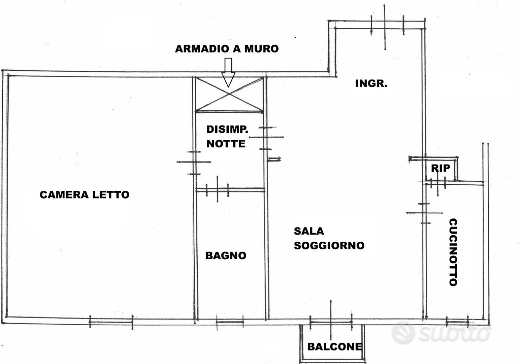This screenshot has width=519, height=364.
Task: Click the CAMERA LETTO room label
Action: tap(84, 195)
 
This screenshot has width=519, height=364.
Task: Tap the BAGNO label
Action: tap(226, 255)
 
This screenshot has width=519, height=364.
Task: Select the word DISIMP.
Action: tap(227, 129)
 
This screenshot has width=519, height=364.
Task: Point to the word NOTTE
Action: tap(226, 144)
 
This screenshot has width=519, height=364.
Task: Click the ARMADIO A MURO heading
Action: tap(227, 49)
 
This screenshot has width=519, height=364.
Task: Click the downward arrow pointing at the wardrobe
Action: tap(228, 72)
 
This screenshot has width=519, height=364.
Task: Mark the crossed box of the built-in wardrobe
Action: tap(229, 94)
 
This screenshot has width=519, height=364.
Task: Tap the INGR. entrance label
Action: tap(371, 84)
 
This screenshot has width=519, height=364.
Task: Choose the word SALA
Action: tap(309, 231)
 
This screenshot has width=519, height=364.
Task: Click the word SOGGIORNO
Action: tap(329, 245)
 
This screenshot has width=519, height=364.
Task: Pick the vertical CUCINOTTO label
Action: tap(453, 252)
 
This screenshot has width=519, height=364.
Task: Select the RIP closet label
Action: tap(441, 168)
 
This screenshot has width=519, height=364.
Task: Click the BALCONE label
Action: tap(334, 347)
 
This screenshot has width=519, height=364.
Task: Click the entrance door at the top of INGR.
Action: tap(387, 26)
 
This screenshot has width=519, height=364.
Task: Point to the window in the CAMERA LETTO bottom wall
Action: tap(111, 322)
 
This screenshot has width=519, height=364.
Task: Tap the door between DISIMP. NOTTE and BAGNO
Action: tap(217, 190)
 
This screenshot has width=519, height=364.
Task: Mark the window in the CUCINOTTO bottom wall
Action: tap(457, 322)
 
